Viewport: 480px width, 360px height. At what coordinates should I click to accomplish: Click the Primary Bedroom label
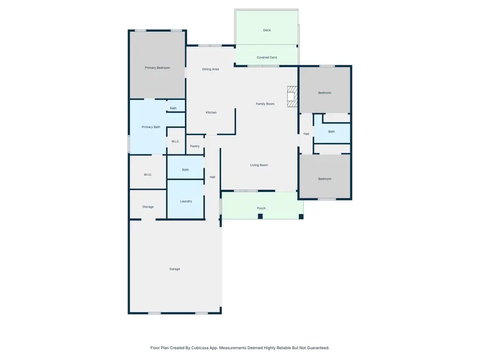click(157, 68)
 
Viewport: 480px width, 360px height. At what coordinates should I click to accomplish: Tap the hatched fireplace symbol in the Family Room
click(292, 97)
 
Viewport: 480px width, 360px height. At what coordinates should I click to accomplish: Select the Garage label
click(174, 269)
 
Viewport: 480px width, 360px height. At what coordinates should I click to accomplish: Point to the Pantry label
click(195, 146)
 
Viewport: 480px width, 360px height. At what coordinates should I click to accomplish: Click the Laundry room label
click(186, 201)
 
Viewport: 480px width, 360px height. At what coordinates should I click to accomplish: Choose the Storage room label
click(148, 206)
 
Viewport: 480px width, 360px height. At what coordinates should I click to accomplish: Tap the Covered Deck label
click(267, 57)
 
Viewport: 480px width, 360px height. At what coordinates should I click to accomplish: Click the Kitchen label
click(211, 113)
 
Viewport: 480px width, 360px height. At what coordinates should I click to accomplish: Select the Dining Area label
click(210, 69)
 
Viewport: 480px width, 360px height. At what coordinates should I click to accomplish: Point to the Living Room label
click(259, 165)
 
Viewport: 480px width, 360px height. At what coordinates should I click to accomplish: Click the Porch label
click(261, 208)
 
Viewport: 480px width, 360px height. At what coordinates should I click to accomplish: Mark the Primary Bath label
click(150, 127)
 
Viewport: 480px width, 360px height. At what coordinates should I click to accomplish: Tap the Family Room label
click(265, 103)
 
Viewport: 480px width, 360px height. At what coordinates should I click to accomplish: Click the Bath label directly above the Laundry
click(185, 170)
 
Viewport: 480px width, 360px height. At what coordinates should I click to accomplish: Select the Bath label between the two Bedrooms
click(331, 131)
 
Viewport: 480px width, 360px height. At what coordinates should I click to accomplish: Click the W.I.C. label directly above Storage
click(148, 174)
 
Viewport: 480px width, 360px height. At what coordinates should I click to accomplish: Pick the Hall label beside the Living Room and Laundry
click(212, 177)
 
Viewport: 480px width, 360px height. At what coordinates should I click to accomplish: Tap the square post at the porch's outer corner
click(301, 217)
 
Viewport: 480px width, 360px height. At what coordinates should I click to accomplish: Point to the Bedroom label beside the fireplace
click(324, 93)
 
